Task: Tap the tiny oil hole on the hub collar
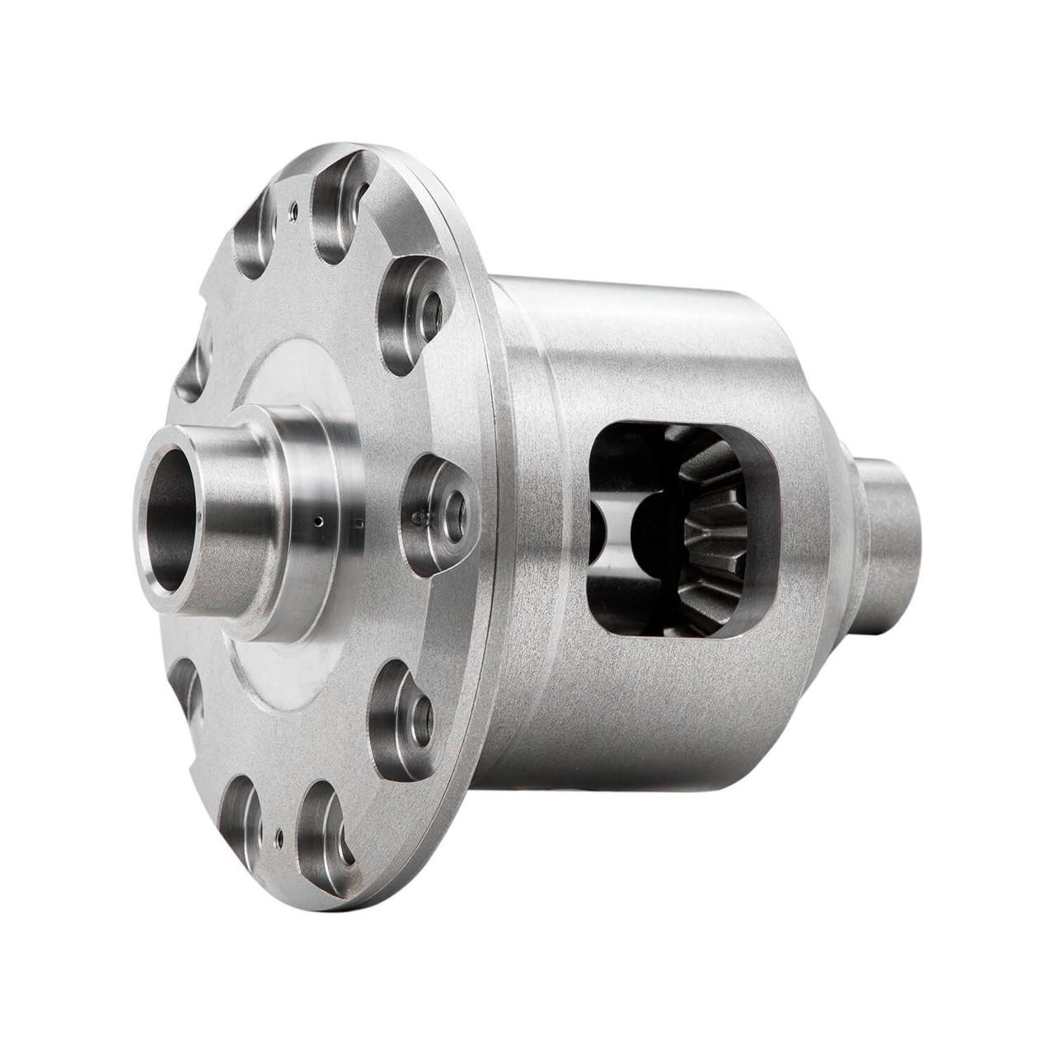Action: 317,521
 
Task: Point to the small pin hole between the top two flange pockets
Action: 293,210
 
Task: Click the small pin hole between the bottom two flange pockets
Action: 280,832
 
